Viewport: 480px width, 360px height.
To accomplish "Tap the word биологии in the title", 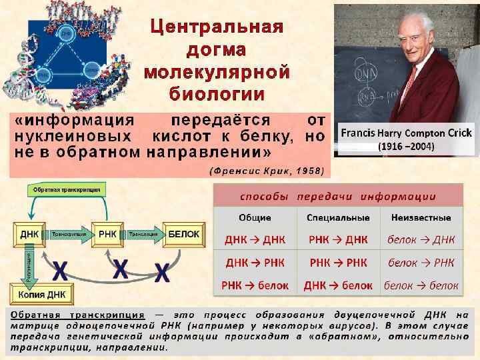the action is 217,93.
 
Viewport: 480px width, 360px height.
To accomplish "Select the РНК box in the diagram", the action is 108,235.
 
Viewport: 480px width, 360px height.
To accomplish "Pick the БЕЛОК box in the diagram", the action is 183,235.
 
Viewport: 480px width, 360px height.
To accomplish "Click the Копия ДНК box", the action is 42,294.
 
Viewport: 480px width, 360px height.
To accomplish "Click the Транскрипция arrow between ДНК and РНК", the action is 68,235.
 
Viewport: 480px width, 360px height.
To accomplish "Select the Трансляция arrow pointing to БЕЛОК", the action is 144,235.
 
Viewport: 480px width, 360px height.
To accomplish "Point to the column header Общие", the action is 255,217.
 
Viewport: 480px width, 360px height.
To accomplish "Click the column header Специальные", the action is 338,217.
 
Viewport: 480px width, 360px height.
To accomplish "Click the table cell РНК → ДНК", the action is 338,239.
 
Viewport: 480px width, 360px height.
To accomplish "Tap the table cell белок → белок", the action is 421,285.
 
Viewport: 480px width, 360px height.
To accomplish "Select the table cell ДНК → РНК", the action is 255,263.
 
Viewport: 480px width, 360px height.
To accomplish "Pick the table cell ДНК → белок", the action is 338,285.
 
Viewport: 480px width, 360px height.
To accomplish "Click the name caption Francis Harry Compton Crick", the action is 406,133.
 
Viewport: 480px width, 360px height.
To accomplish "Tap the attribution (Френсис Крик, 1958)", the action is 267,170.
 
